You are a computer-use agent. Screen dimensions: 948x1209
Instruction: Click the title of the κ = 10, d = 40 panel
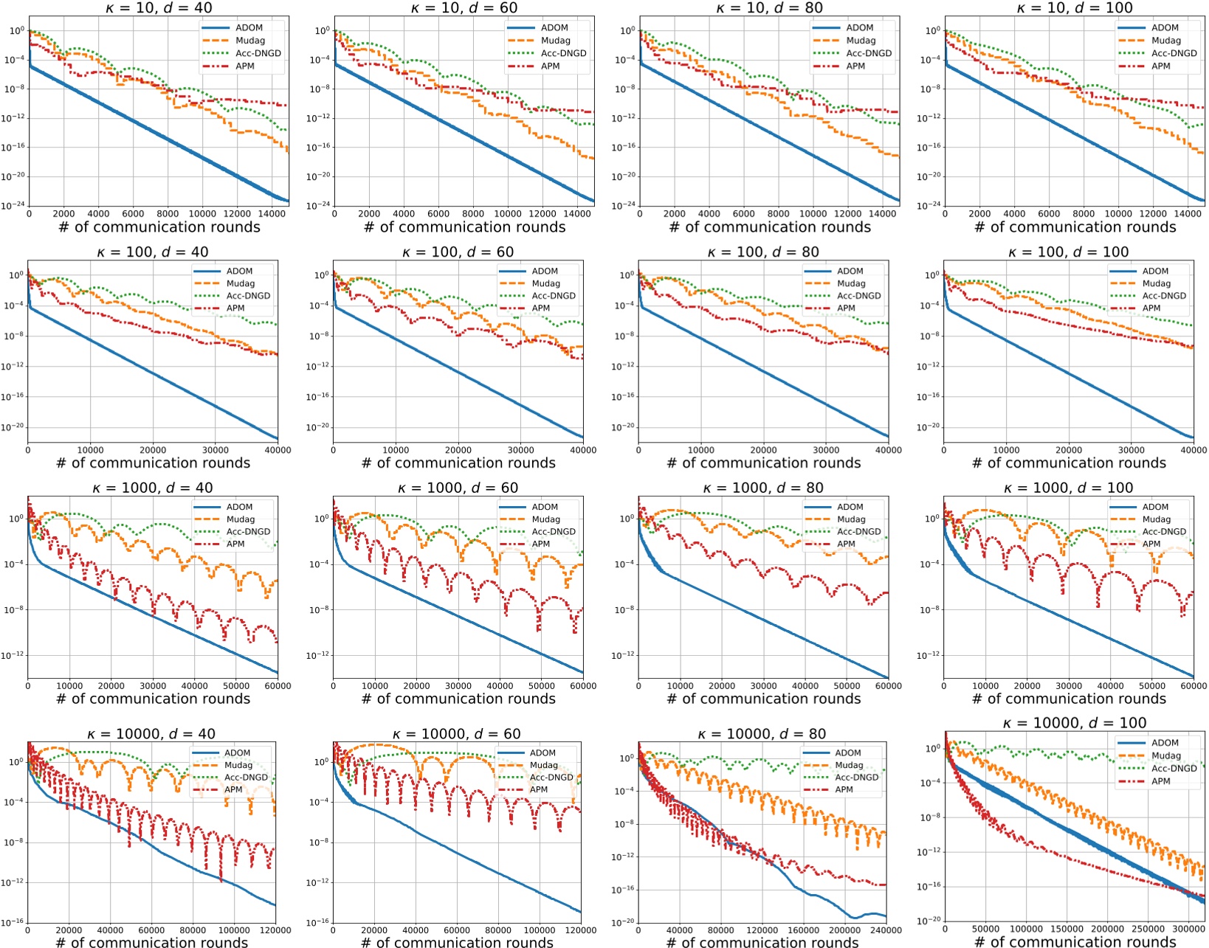coord(159,8)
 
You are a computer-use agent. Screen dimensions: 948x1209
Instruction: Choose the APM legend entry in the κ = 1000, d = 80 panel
coord(846,544)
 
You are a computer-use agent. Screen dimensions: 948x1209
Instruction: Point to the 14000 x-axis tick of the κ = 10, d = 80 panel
coord(882,214)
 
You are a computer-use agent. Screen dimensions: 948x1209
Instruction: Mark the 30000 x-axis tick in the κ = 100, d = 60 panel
coord(520,450)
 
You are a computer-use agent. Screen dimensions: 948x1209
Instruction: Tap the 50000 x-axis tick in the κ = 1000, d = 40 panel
coord(236,686)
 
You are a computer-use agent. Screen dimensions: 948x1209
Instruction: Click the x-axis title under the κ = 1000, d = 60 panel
coord(458,699)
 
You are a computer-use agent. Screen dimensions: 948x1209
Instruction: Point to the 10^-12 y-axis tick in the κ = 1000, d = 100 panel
coord(928,656)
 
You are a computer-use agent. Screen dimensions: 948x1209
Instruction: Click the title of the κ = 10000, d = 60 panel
coord(456,734)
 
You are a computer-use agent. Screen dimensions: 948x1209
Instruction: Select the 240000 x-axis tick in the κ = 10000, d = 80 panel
coord(886,930)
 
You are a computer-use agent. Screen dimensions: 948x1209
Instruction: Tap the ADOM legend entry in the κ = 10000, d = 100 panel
coord(1165,743)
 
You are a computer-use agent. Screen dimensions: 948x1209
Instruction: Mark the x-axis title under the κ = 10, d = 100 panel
coord(1075,227)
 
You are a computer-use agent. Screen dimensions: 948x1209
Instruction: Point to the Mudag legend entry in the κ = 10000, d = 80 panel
coord(849,765)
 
